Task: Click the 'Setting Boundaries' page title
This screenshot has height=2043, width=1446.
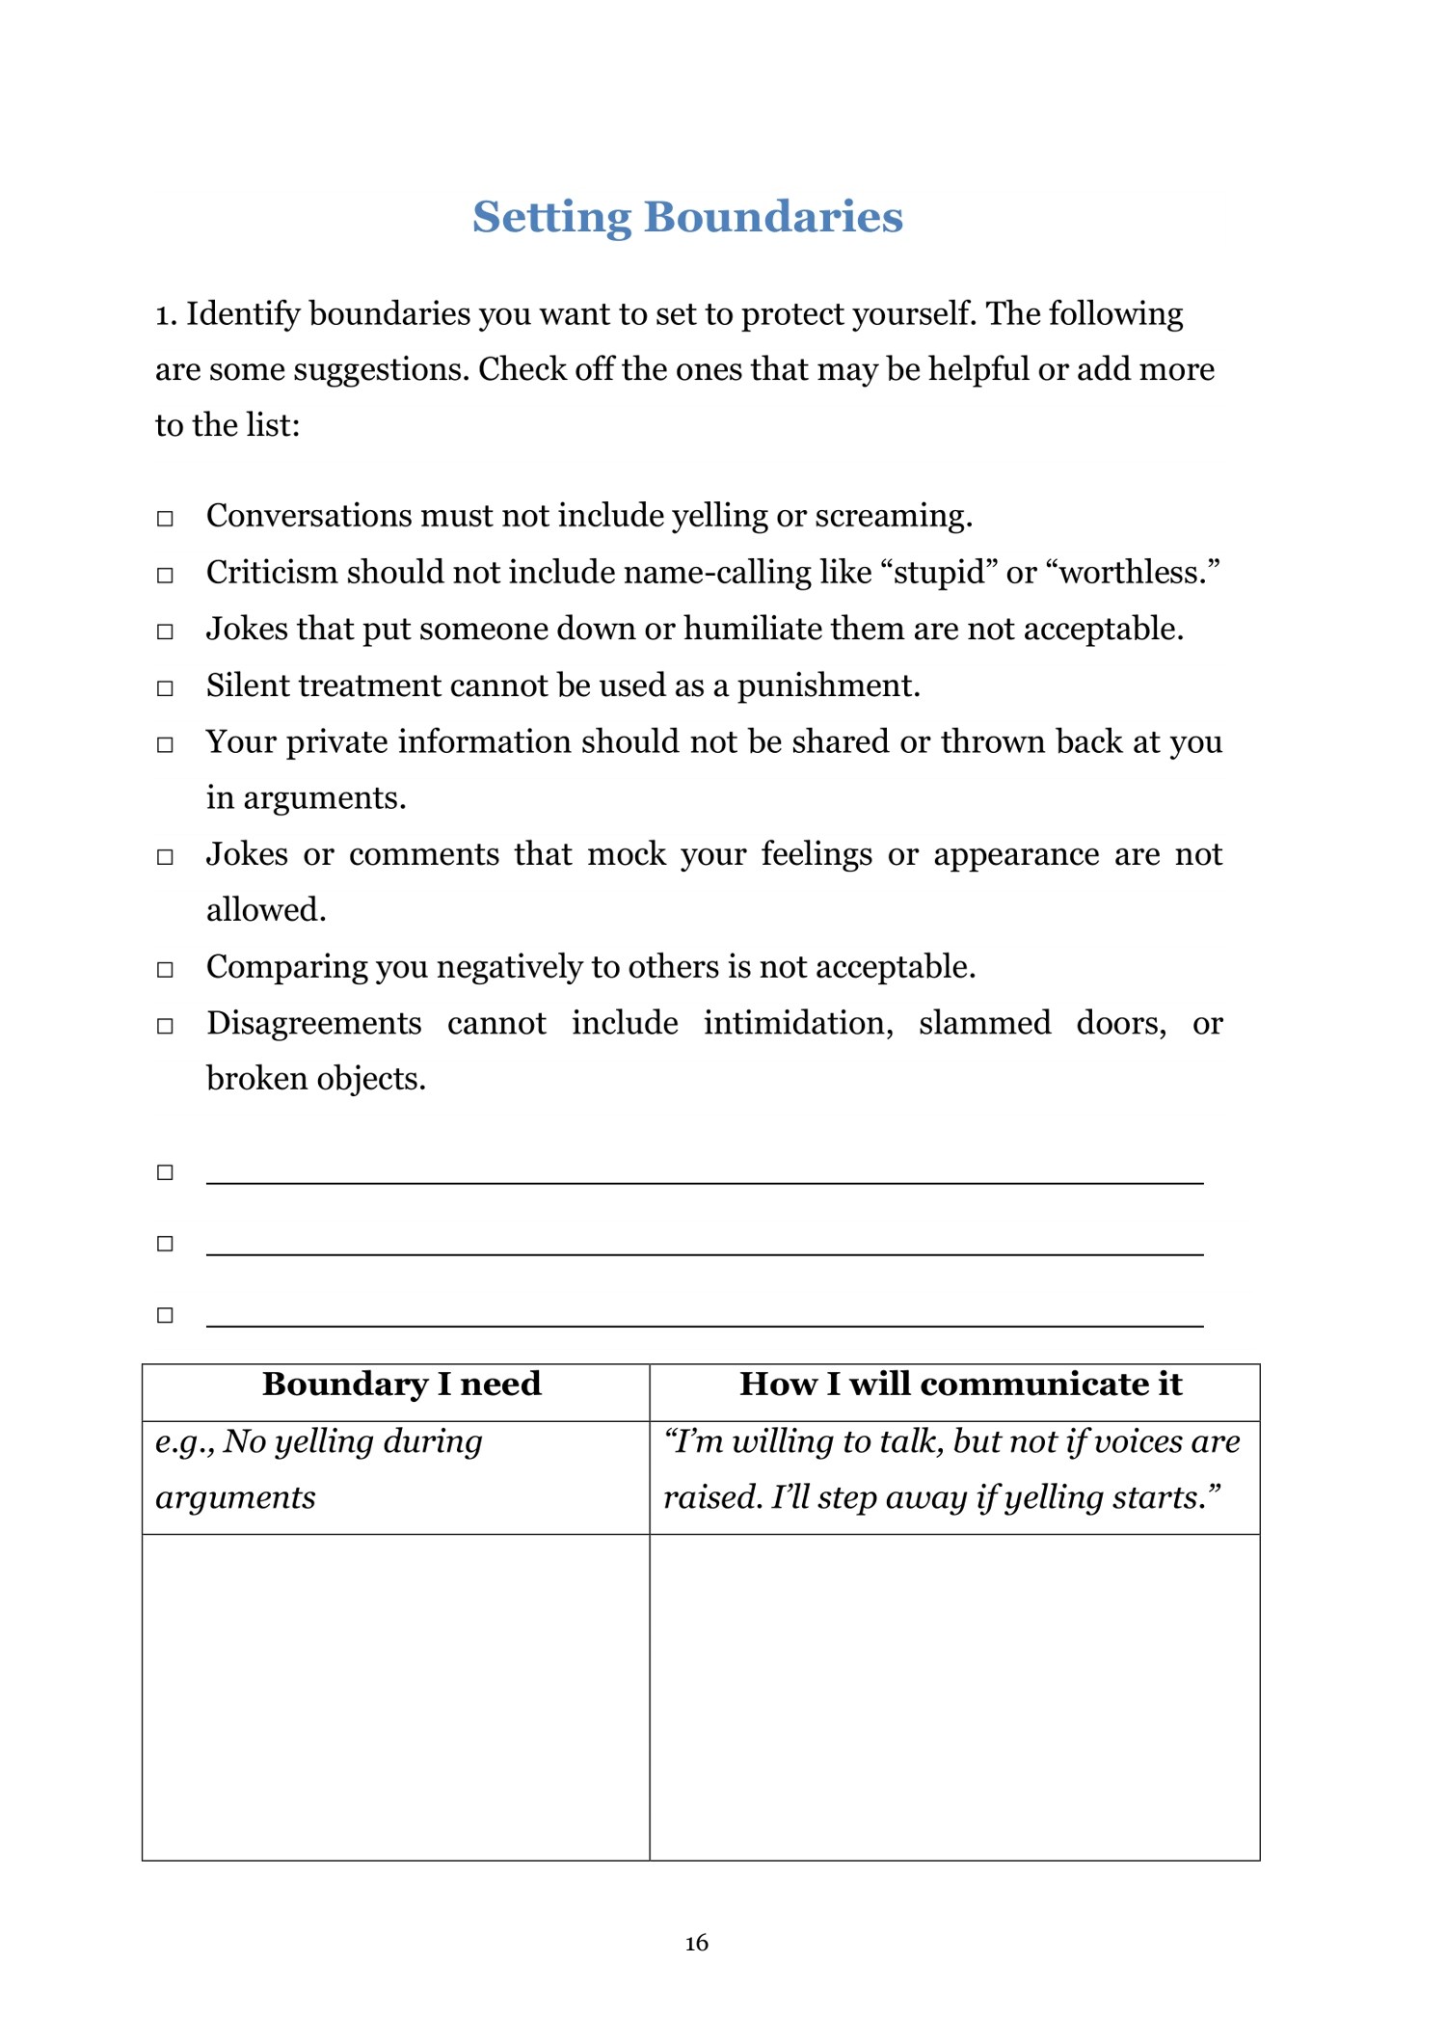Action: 687,217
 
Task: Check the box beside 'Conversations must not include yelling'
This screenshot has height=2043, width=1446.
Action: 165,519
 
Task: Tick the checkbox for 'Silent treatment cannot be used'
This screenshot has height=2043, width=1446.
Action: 165,688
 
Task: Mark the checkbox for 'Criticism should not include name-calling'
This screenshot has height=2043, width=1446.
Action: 165,576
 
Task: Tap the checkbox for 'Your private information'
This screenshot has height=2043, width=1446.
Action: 165,744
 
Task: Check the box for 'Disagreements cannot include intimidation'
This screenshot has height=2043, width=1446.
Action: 165,1026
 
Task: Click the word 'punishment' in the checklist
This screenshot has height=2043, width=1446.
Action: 828,685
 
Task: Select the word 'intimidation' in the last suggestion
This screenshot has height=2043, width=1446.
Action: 797,1023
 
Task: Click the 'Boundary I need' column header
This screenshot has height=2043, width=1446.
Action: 401,1384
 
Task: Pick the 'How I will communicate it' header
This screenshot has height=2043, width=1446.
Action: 960,1384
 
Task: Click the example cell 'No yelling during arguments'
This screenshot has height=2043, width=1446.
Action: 318,1469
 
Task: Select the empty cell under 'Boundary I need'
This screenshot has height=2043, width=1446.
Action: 395,1696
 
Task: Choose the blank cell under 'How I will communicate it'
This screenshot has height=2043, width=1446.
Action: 954,1696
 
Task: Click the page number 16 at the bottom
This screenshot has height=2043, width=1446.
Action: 696,1943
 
